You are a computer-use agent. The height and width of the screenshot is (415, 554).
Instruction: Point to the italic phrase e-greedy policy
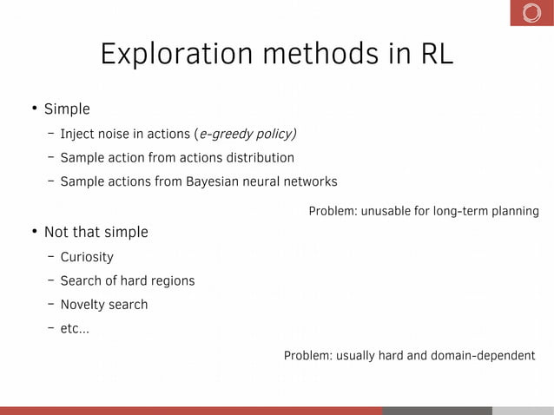[x=247, y=134]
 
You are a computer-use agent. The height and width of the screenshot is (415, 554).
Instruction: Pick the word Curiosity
[x=87, y=257]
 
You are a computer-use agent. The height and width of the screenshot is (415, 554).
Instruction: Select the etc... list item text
[x=74, y=329]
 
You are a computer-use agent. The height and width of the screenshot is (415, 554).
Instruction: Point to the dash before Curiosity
[x=52, y=256]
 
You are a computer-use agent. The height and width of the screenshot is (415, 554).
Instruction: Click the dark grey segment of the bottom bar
[x=437, y=410]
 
